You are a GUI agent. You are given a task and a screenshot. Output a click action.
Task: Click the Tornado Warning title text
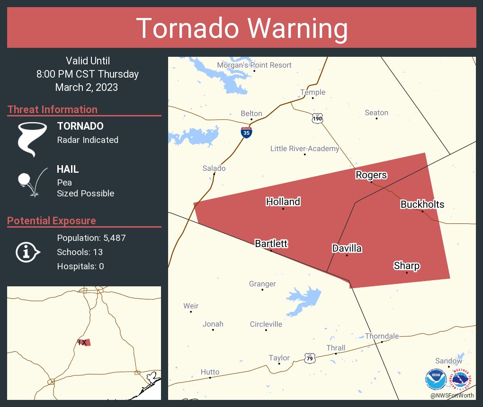coord(241,28)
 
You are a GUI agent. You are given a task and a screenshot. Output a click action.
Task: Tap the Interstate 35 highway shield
coord(246,132)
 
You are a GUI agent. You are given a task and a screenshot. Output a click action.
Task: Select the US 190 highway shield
coord(317,118)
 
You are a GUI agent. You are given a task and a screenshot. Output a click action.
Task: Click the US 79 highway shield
coord(310,358)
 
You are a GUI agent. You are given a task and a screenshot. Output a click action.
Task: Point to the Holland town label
coord(283,202)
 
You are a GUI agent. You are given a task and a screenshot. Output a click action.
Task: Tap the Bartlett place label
coord(271,244)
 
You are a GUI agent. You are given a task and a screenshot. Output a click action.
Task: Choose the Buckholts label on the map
coord(422,204)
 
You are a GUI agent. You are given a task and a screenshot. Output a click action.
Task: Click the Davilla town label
coord(347,248)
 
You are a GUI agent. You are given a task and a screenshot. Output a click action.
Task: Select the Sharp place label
coord(407,265)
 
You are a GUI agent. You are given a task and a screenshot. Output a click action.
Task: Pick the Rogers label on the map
coord(371,175)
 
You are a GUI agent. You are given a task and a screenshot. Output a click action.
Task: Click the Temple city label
coord(313,92)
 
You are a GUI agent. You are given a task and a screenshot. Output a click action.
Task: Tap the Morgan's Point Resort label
coord(254,65)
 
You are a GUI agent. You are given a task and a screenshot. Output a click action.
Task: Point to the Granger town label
coord(262,284)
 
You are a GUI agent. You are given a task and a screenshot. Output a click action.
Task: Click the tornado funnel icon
coord(32,139)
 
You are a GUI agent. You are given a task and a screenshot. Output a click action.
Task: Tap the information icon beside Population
coord(27,252)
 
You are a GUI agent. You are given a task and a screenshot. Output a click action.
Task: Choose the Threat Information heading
coord(53,109)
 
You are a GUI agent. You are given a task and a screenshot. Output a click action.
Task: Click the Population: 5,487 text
coord(91,238)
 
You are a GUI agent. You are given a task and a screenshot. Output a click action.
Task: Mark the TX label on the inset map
coord(82,342)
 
